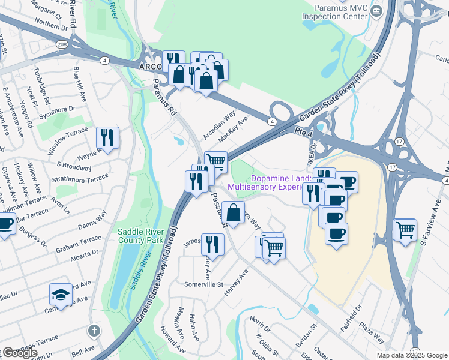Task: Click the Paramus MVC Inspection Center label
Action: pyautogui.click(x=340, y=12)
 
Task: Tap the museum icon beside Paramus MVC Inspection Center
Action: pyautogui.click(x=376, y=10)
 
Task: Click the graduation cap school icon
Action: pyautogui.click(x=61, y=294)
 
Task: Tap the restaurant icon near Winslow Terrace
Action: pyautogui.click(x=107, y=137)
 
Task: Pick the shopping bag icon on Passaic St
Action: pyautogui.click(x=233, y=212)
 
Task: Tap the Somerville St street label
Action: pyautogui.click(x=203, y=284)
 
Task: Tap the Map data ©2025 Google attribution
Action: pyautogui.click(x=411, y=355)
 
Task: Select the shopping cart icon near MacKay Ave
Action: pyautogui.click(x=215, y=161)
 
